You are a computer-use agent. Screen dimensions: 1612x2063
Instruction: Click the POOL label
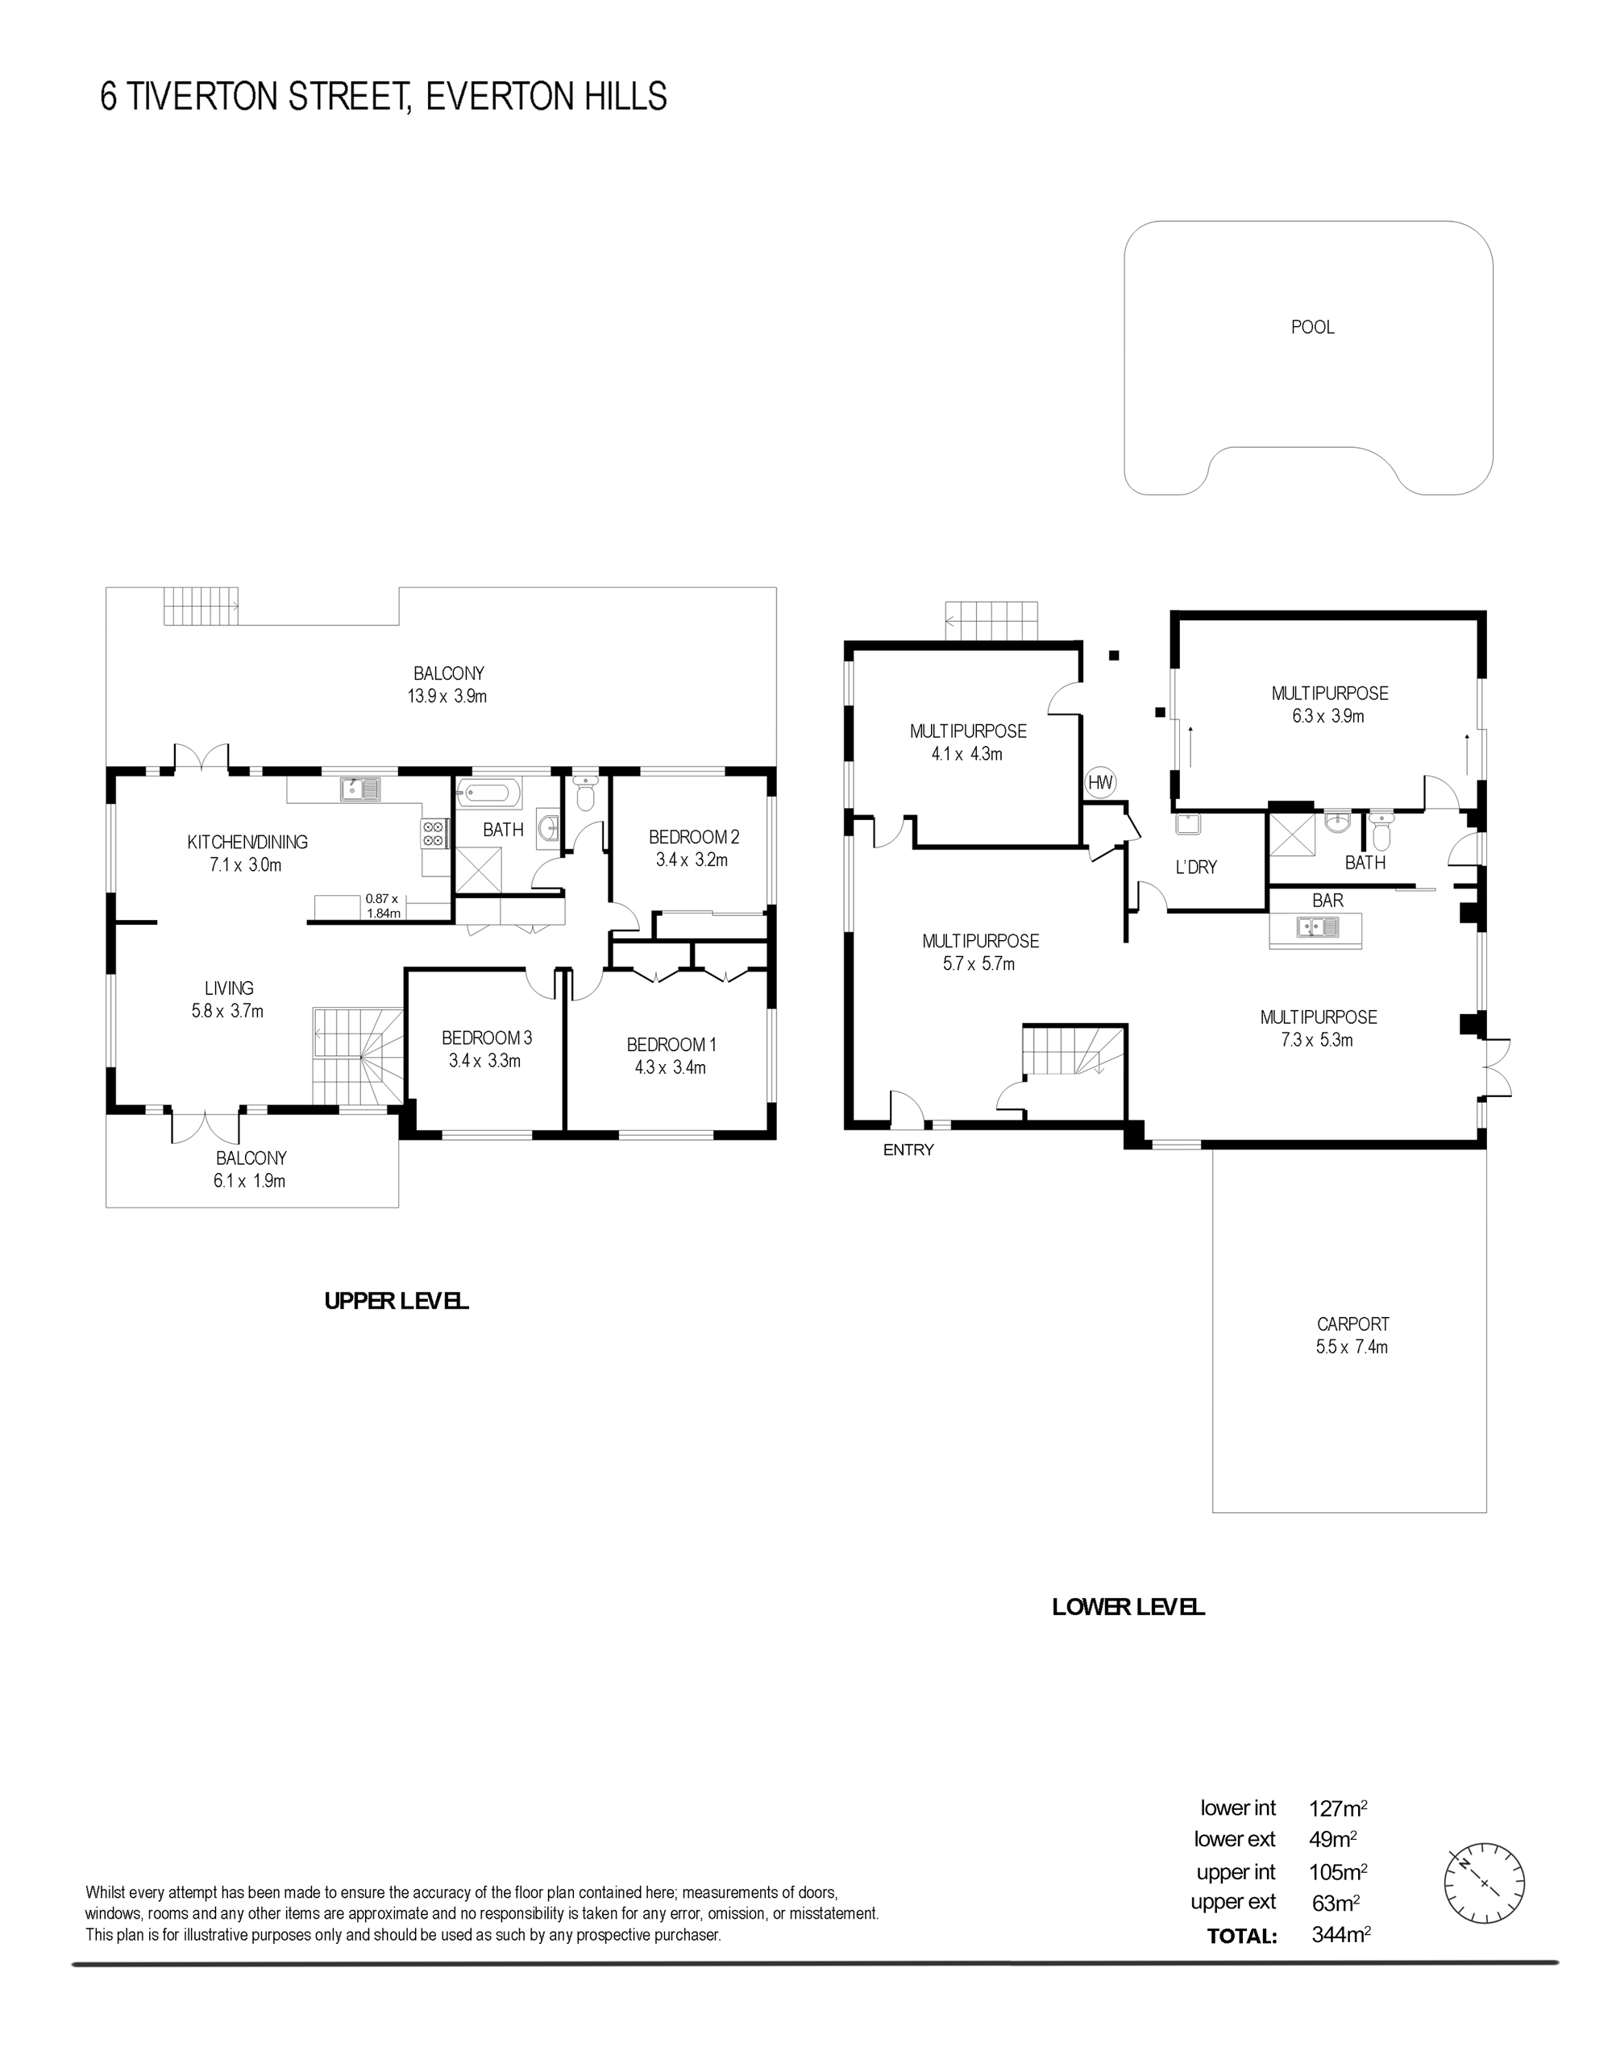pos(1312,327)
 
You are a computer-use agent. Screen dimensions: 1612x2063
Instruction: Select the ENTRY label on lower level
pos(908,1150)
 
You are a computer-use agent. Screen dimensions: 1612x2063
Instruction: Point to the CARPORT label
pos(1353,1324)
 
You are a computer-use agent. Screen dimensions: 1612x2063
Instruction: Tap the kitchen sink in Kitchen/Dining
pos(360,788)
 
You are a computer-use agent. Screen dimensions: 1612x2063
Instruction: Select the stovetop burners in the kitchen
pos(434,831)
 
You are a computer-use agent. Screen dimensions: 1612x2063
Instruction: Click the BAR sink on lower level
pos(1317,928)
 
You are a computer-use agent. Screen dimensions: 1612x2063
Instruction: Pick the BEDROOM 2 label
pos(693,837)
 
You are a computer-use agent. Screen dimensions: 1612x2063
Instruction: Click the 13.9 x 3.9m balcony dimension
pos(448,696)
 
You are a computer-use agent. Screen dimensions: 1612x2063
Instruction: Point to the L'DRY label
pos(1196,867)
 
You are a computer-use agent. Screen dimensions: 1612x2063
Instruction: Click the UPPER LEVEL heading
pos(396,1301)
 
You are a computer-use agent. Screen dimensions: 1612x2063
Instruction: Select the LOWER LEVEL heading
pos(1128,1607)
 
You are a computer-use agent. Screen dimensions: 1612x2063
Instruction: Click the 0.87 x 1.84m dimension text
pos(383,906)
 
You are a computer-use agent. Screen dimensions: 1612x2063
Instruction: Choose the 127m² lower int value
pos(1338,1809)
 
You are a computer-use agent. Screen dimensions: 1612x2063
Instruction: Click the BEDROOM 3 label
pos(487,1038)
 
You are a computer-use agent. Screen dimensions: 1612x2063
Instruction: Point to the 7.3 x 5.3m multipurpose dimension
pos(1317,1040)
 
